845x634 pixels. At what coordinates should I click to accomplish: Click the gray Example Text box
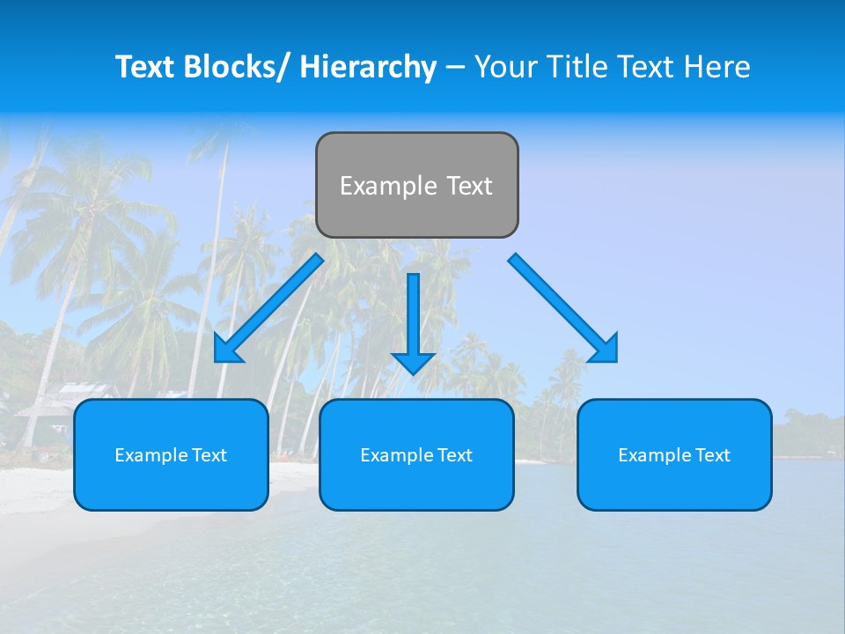pos(416,185)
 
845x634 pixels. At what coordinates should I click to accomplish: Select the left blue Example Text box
pos(171,454)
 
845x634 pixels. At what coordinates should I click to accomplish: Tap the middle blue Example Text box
pos(416,454)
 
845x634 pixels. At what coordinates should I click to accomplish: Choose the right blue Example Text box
pos(674,454)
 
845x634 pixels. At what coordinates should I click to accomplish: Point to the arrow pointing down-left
pos(268,308)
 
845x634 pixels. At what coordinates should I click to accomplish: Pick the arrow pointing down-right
pos(563,308)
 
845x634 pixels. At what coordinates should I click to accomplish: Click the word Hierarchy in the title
pos(368,67)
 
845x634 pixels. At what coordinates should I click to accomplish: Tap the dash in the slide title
pos(455,67)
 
